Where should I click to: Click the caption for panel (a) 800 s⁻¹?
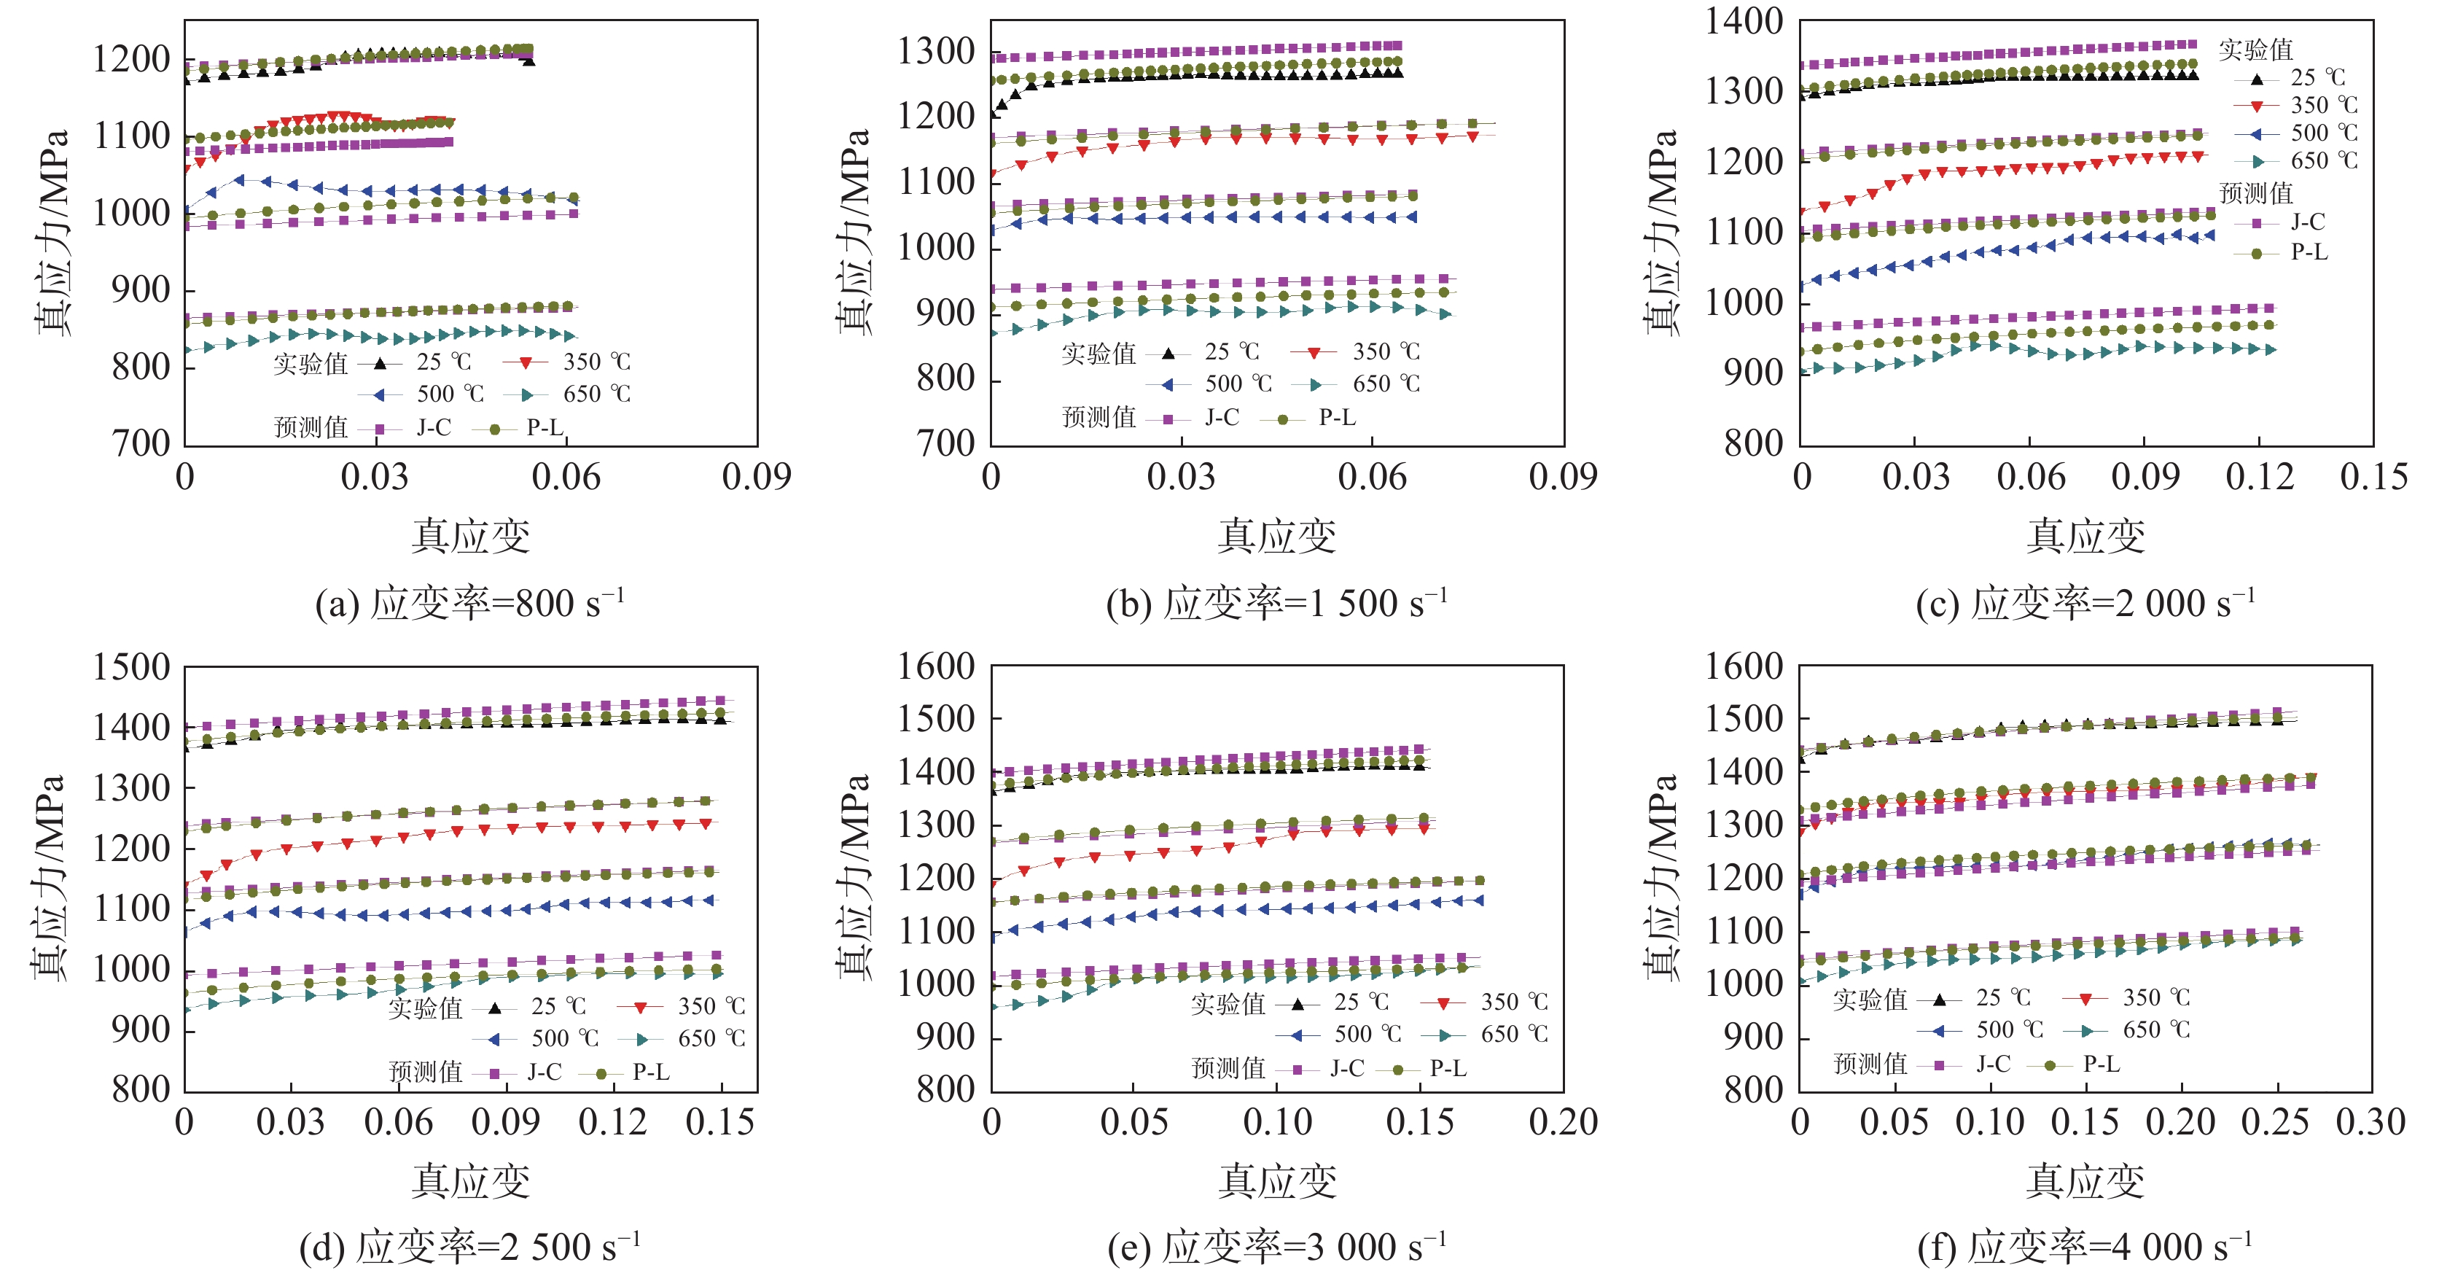(469, 604)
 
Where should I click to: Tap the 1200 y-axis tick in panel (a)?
(130, 60)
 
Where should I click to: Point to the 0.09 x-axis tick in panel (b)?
(1562, 476)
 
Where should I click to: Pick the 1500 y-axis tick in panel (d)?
(130, 668)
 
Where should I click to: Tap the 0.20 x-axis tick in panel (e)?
(1562, 1122)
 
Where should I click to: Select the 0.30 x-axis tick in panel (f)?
(2370, 1122)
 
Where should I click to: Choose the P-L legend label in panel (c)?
(2309, 252)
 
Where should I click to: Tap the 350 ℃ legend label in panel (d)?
(711, 1007)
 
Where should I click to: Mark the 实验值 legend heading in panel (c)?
(2255, 50)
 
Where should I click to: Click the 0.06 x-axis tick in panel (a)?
(565, 476)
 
